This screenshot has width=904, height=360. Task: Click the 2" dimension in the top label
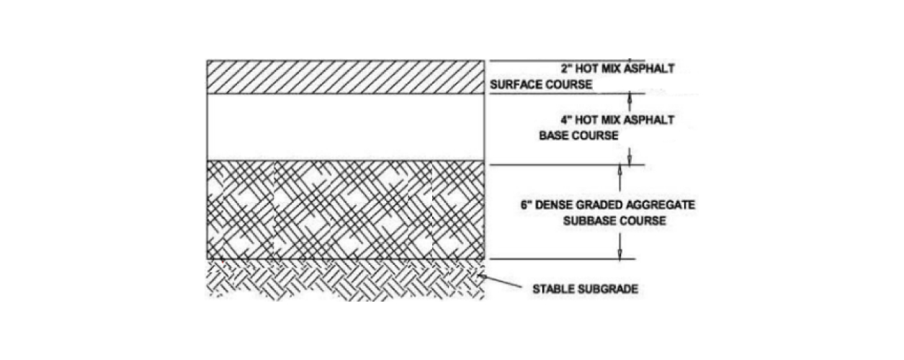[565, 69]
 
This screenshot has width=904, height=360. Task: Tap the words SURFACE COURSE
[541, 85]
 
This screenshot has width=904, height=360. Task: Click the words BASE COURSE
[578, 135]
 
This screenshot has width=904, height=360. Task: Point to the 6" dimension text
[525, 205]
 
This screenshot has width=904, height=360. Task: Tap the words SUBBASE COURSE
[614, 220]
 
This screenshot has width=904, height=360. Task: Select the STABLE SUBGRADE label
[585, 290]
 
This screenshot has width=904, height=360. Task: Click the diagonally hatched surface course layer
[345, 77]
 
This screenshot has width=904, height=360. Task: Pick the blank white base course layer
[345, 127]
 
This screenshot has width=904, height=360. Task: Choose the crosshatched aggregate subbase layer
[345, 210]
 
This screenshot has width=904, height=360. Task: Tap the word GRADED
[601, 205]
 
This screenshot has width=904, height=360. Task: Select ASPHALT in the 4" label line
[651, 120]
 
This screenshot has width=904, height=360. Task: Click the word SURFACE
[516, 85]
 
